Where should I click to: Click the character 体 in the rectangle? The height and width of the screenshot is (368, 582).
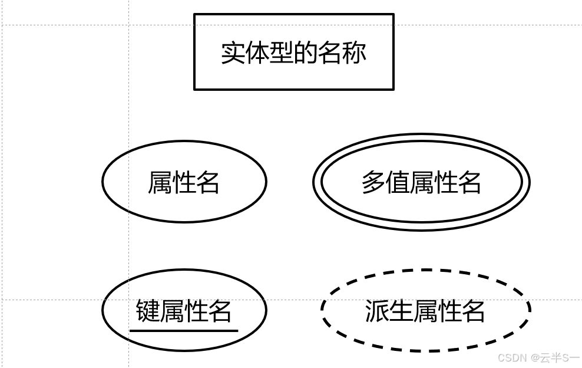click(x=257, y=52)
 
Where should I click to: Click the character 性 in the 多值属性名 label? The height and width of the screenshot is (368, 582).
click(x=445, y=182)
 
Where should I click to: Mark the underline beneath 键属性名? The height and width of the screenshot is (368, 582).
click(x=184, y=331)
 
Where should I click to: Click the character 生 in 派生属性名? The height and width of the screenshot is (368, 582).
click(x=401, y=311)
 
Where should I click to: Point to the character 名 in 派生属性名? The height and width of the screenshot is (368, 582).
click(x=473, y=311)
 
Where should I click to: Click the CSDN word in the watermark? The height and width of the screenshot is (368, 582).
click(x=512, y=357)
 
